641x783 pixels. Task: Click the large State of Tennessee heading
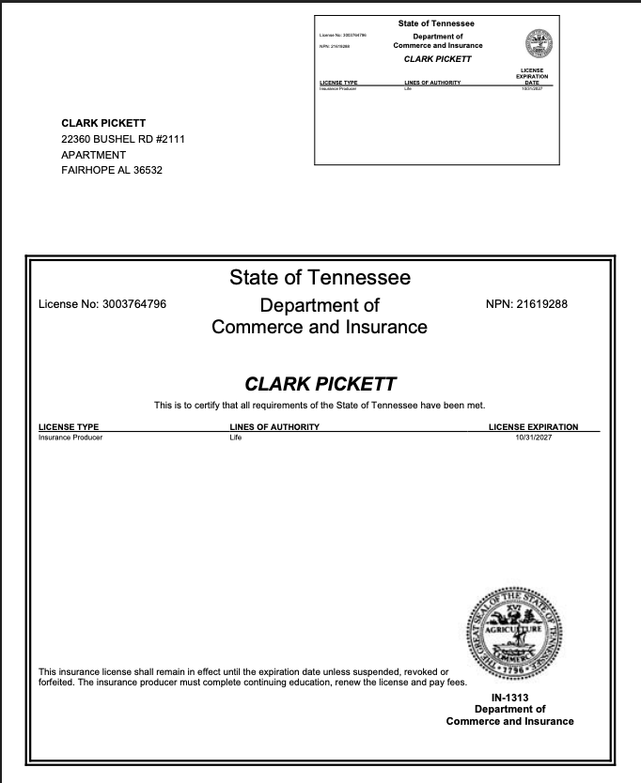(x=320, y=278)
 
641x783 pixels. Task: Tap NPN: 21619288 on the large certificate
(x=526, y=304)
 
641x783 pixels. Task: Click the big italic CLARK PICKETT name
(x=320, y=385)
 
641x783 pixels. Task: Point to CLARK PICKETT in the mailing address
(x=103, y=123)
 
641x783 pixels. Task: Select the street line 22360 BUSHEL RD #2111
(x=122, y=139)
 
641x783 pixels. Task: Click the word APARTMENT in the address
(x=93, y=155)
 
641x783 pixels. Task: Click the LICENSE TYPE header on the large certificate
(x=69, y=427)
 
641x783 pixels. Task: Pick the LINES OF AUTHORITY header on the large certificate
(x=274, y=427)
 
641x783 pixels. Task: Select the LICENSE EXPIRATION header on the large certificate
(x=533, y=427)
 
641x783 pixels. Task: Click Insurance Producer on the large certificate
(x=70, y=438)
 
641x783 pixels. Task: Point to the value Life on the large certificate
(x=236, y=438)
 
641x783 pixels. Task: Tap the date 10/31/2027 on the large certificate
(x=533, y=438)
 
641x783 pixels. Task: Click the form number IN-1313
(x=509, y=698)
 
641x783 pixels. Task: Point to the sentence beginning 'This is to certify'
(x=320, y=406)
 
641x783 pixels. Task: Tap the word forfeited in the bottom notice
(x=59, y=683)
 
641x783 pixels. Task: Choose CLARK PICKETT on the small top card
(x=437, y=58)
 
